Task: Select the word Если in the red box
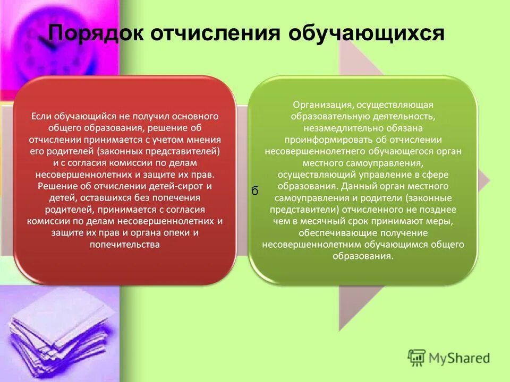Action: tap(41, 116)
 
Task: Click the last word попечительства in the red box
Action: tap(125, 244)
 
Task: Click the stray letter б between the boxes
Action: tap(254, 192)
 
